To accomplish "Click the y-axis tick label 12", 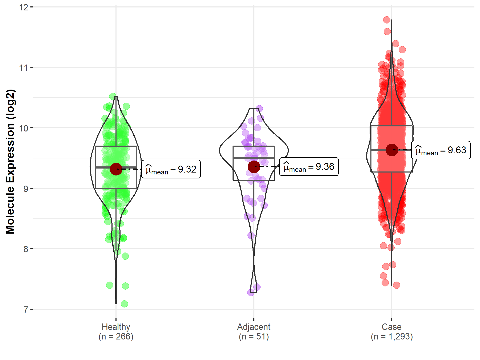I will coord(24,7).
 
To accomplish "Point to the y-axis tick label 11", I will coord(24,68).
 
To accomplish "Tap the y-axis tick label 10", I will coord(24,128).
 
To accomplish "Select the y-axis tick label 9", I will coord(26,189).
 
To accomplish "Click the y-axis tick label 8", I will coord(26,249).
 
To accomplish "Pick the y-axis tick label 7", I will coord(26,310).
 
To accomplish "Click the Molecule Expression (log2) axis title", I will coord(10,162).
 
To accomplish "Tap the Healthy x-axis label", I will coord(116,327).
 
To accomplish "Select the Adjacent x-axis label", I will coord(254,327).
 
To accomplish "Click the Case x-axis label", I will coord(391,327).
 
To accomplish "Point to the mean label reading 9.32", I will coord(171,169).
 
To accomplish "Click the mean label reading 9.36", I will coord(309,167).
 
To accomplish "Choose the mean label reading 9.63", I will coord(441,150).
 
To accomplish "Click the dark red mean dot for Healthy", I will coord(116,169).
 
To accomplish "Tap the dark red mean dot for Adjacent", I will coord(254,167).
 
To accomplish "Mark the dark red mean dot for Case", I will coord(392,150).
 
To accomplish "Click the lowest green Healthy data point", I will coord(124,304).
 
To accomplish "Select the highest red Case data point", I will coord(387,20).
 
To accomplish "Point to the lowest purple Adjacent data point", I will coord(251,293).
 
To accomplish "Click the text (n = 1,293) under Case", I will coord(391,337).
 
